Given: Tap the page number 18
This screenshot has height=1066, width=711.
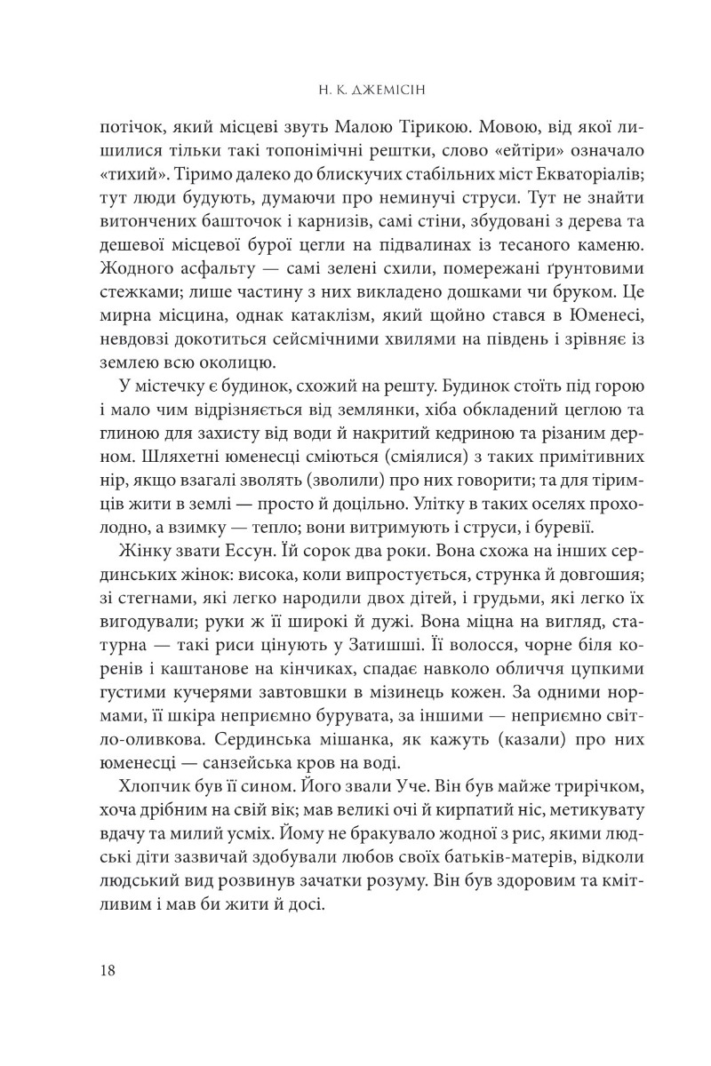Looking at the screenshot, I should click(111, 969).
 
